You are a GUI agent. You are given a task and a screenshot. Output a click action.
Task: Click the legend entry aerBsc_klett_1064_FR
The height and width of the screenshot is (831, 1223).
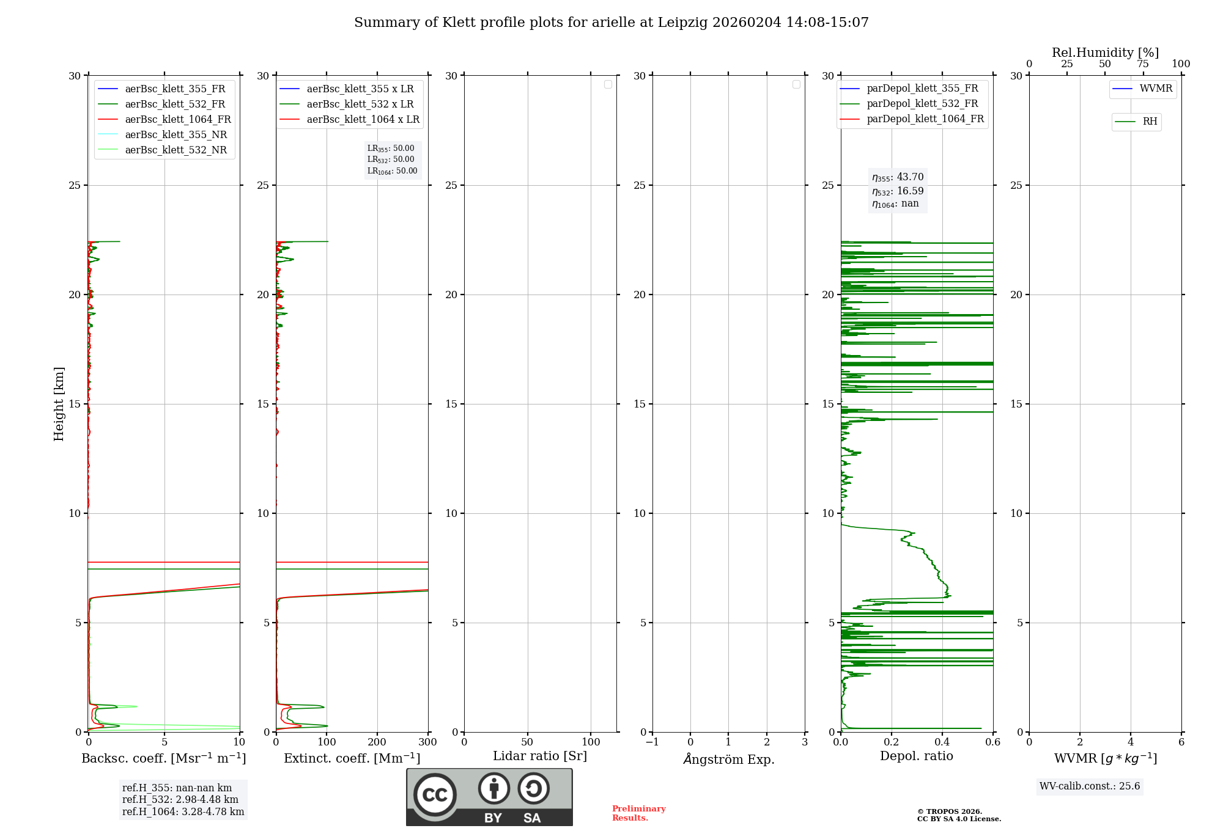point(177,119)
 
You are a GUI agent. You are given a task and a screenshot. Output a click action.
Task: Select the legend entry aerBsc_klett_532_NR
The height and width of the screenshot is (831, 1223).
point(176,150)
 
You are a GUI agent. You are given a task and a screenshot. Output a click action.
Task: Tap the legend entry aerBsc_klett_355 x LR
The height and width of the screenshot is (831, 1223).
point(360,89)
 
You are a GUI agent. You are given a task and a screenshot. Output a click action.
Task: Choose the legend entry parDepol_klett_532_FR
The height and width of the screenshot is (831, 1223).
point(922,103)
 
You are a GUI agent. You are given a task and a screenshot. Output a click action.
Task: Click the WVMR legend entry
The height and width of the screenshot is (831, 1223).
point(1155,89)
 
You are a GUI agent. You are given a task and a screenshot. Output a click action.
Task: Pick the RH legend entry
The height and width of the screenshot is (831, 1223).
point(1149,122)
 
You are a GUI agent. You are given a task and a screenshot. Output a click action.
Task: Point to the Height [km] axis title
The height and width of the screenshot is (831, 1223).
point(59,403)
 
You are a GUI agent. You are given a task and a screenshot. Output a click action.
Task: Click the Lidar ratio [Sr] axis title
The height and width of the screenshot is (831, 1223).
point(540,756)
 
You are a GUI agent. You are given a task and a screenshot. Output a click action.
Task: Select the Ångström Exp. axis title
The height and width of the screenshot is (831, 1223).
point(728,759)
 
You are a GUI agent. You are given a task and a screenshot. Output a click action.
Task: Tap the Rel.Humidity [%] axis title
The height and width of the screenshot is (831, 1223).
point(1105,53)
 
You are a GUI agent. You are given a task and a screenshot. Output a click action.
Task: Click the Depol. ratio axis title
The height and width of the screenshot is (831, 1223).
point(916,756)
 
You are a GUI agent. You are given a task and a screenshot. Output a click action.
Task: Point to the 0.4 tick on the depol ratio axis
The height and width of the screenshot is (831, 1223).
point(942,742)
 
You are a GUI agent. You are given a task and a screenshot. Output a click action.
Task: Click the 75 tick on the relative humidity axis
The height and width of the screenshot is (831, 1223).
point(1142,64)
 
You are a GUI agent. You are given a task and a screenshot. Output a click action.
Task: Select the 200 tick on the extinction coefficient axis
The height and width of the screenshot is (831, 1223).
point(377,742)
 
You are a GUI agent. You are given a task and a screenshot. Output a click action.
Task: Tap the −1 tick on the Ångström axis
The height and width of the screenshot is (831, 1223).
point(652,742)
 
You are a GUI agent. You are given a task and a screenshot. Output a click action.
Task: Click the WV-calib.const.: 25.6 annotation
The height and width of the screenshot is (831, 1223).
point(1090,786)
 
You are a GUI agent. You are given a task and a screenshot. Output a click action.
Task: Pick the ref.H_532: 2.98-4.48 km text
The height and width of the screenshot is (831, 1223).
point(180,799)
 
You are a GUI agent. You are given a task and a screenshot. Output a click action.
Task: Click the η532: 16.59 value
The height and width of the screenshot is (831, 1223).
point(898,191)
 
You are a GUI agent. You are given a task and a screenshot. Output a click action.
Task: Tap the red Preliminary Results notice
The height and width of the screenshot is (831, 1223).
point(638,813)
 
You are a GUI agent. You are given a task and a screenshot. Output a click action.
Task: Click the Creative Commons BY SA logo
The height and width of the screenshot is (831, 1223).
point(489,797)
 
